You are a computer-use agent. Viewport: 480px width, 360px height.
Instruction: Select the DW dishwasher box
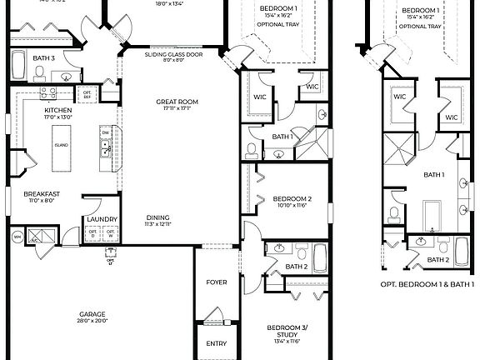coord(105,132)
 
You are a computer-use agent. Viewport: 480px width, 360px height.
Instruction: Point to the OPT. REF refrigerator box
coord(87,94)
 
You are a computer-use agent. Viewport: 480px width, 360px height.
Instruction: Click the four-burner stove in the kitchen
coord(59,93)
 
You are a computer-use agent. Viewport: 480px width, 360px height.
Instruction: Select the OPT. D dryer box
coord(92,233)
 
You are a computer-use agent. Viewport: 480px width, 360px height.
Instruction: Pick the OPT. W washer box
coord(111,233)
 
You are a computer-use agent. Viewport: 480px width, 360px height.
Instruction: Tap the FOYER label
coord(216,282)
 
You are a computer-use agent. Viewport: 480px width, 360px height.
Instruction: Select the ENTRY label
coord(216,342)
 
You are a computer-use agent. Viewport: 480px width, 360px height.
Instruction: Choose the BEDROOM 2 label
coord(292,201)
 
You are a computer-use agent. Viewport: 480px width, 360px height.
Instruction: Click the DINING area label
coord(157,220)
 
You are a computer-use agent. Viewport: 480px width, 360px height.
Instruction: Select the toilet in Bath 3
coord(40,74)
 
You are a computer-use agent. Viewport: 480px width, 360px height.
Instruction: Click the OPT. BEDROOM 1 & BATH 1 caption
coord(427,284)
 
